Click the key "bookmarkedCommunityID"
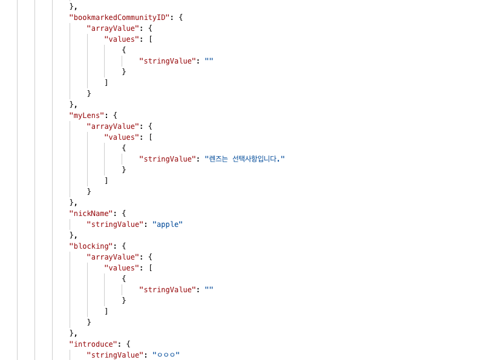120,17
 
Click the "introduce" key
94,344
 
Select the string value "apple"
168,224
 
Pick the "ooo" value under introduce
166,355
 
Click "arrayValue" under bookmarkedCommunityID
113,28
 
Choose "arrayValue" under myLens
113,126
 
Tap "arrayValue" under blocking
113,257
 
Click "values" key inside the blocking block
122,267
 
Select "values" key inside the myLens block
122,137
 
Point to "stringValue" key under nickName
115,224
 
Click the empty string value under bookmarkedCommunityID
209,61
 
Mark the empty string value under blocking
209,289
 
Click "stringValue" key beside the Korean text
168,159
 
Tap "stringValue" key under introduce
115,355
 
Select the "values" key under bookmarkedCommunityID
122,39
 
